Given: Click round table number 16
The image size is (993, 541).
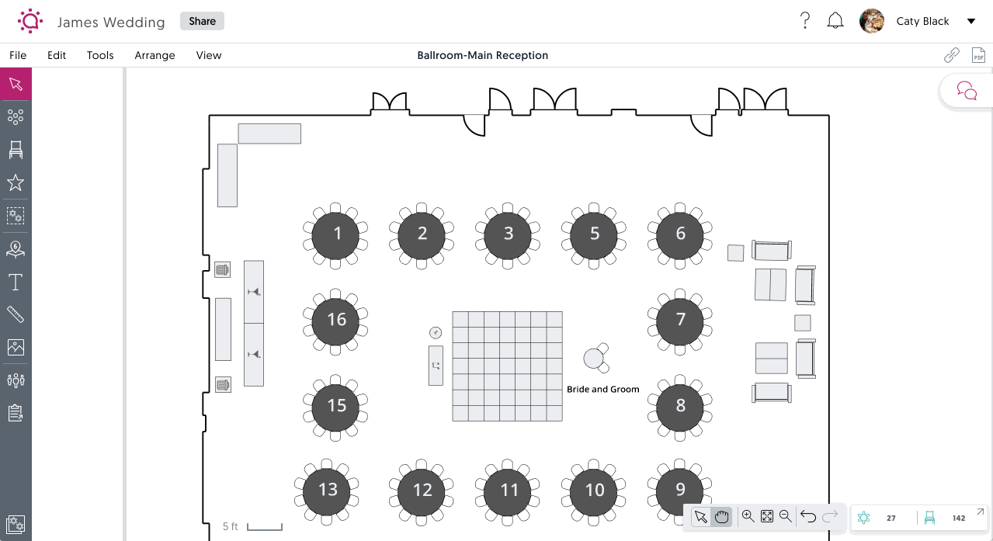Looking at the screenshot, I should (336, 320).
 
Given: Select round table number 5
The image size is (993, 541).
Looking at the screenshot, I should (595, 234).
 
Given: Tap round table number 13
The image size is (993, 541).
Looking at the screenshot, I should (328, 490).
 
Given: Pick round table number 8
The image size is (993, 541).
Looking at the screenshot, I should (681, 406).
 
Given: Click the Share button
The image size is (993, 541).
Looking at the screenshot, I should (202, 21).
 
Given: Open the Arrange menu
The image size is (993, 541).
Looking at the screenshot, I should (155, 55).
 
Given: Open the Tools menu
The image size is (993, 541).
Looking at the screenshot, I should (100, 55).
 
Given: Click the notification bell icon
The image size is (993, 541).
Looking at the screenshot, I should (835, 21).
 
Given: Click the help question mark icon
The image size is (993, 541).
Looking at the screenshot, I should (805, 21).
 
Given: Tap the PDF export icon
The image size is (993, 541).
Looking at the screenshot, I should (978, 55).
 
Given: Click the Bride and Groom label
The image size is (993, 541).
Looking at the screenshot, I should (602, 390).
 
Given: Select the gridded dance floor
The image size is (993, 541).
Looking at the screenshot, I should (507, 366).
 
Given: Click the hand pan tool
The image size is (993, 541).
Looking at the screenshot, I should (722, 517).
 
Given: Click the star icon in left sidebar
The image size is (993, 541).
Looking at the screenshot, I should (16, 183).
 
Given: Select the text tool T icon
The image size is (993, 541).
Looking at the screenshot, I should (16, 282).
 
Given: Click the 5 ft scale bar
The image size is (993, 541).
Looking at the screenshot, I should (264, 528).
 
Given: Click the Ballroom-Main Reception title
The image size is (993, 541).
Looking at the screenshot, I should (482, 55).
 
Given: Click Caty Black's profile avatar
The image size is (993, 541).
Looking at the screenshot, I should (872, 21).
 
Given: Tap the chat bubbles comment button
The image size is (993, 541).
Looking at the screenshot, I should (967, 91).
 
